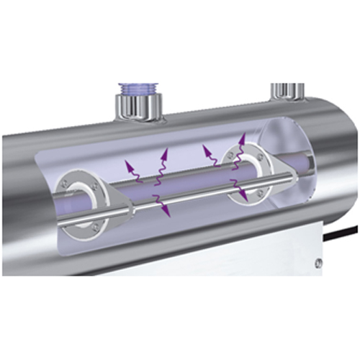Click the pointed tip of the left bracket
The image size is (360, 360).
point(134,210)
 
